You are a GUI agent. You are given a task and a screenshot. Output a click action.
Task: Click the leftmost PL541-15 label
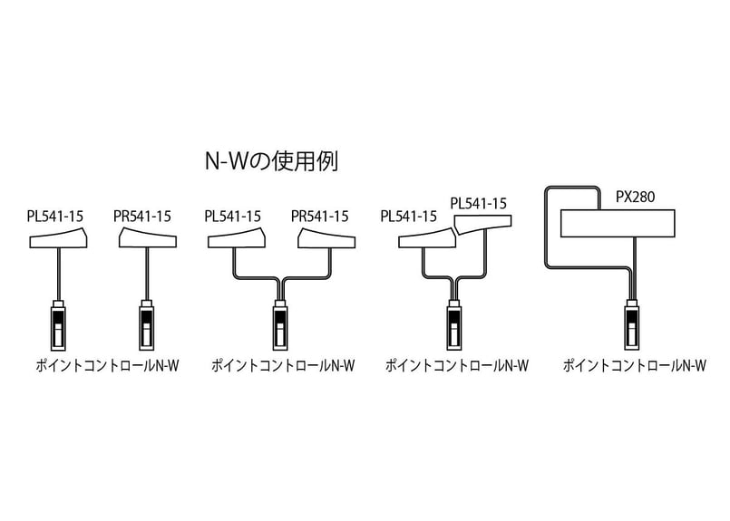pos(55,217)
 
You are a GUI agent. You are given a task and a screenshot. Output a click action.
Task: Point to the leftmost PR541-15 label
pos(142,217)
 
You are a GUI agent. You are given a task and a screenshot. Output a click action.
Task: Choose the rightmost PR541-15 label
pos(319,217)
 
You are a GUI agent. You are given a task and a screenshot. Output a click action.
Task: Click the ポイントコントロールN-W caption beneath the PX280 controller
pos(634,366)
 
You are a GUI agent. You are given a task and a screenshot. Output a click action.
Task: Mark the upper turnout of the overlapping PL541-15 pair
pos(483,222)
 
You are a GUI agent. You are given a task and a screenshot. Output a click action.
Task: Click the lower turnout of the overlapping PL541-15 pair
pos(426,239)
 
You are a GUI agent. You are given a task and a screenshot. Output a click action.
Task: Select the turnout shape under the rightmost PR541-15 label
pos(325,238)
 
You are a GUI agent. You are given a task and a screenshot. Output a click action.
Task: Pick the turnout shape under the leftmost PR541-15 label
pos(147,238)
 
